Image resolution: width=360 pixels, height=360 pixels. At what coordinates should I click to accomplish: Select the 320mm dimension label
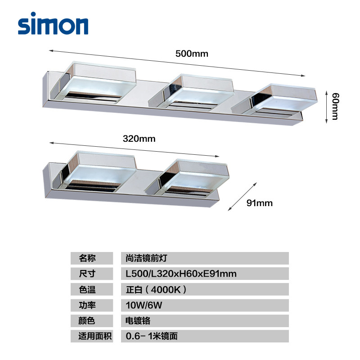pos(139,139)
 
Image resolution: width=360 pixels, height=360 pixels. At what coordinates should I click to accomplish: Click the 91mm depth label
pos(260,203)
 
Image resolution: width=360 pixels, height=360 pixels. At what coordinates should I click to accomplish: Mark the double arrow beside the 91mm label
pos(243,196)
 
